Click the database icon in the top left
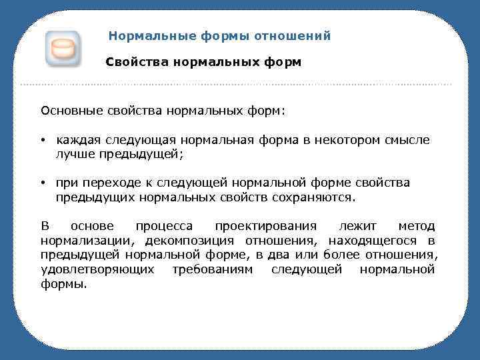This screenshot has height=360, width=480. [63, 49]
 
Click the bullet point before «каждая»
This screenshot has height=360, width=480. [42, 141]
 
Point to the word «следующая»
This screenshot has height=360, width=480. [152, 141]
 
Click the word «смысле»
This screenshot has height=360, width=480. [407, 141]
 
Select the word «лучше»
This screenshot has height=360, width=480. [73, 154]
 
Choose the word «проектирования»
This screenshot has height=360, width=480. [266, 227]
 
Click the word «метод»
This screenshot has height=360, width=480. [416, 227]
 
